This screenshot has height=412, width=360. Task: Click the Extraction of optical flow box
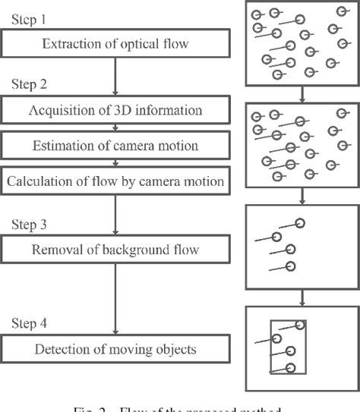click(114, 42)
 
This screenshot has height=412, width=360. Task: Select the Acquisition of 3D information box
click(114, 112)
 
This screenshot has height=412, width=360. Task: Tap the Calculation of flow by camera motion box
click(114, 181)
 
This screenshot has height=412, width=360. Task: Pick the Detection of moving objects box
click(114, 349)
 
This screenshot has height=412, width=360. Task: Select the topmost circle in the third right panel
click(301, 223)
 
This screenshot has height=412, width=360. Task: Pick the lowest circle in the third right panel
click(290, 266)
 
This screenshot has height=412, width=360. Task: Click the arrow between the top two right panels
click(302, 93)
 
